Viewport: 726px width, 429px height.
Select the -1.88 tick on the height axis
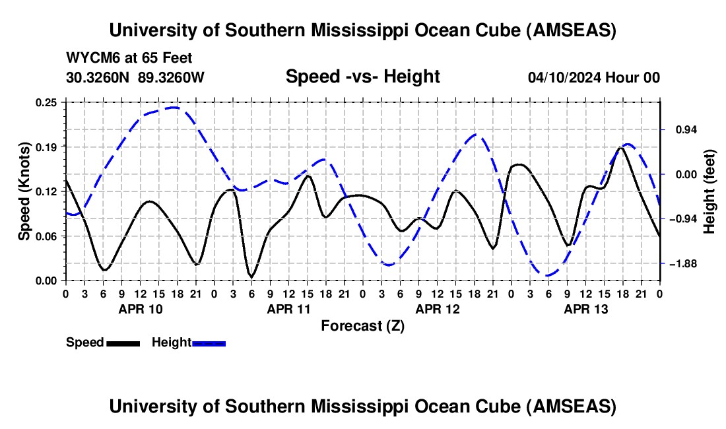(682, 264)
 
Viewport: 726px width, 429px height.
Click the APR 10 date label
(140, 309)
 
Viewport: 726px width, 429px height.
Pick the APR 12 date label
(437, 309)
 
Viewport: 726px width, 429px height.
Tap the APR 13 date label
(585, 309)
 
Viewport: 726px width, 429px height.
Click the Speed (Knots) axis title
(24, 191)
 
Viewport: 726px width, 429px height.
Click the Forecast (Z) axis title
(362, 325)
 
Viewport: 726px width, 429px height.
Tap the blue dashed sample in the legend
(209, 343)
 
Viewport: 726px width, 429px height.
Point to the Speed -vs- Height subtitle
(362, 77)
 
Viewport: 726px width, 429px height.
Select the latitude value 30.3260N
(97, 77)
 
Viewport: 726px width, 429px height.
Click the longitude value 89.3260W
(171, 77)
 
